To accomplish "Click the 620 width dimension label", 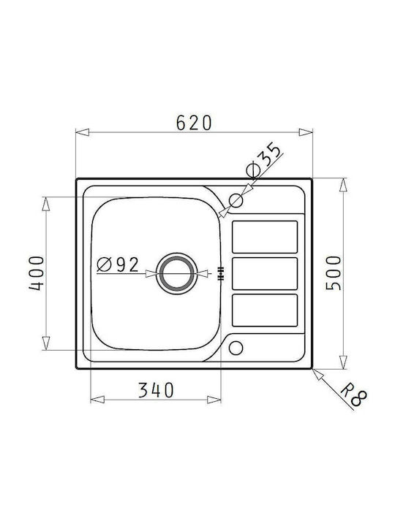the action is (x=194, y=123).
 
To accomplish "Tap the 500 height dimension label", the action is (x=334, y=273).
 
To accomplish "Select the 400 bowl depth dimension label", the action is (x=37, y=273).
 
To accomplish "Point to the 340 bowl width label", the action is (x=157, y=390).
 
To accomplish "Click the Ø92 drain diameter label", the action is (x=118, y=264).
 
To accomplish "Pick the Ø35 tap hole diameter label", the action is (x=263, y=159).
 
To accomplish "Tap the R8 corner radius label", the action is (x=354, y=397).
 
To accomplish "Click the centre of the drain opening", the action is (x=175, y=273).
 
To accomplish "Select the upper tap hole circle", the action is (x=236, y=201).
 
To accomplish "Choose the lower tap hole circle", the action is (x=236, y=348).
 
